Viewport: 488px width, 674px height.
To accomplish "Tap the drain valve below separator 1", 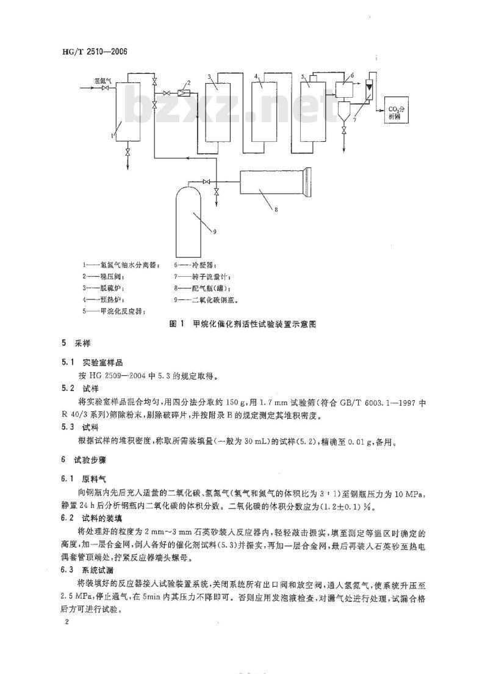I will coord(127,151).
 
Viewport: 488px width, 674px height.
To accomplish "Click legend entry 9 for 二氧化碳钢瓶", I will coord(206,300).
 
